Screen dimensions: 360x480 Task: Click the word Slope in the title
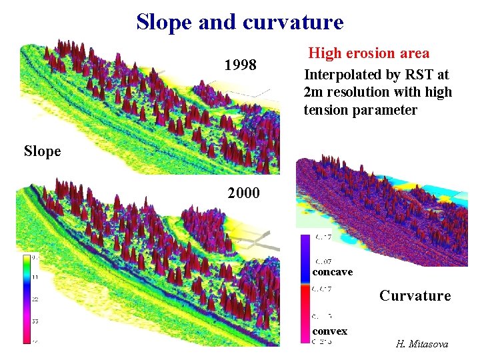pyautogui.click(x=163, y=22)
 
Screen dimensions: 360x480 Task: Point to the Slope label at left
pyautogui.click(x=42, y=151)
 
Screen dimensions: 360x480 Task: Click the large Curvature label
pyautogui.click(x=415, y=295)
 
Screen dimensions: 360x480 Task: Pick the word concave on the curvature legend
pyautogui.click(x=332, y=272)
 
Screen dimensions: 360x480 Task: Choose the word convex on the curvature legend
pyautogui.click(x=329, y=331)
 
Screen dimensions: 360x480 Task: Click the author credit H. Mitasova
pyautogui.click(x=422, y=344)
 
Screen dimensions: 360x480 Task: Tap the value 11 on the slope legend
pyautogui.click(x=34, y=275)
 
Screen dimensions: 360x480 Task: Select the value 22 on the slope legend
pyautogui.click(x=34, y=298)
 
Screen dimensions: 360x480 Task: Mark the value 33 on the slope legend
pyautogui.click(x=34, y=321)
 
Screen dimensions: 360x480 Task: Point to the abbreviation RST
pyautogui.click(x=409, y=74)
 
